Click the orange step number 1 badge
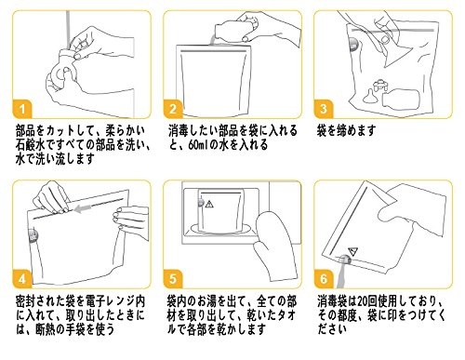pos(21,108)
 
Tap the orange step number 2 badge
pos(173,108)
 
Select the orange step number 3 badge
pos(324,108)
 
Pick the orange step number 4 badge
pos(21,278)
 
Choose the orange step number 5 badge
pos(173,278)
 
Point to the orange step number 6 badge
pos(324,278)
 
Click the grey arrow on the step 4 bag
pos(83,208)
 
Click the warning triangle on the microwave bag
pos(209,204)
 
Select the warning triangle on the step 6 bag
pos(352,251)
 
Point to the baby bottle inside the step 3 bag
pos(401,99)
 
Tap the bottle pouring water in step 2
pos(234,29)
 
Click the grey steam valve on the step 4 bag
pos(33,235)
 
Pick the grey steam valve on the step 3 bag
pos(353,44)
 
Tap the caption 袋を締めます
pos(346,130)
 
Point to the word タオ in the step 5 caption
pos(286,315)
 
